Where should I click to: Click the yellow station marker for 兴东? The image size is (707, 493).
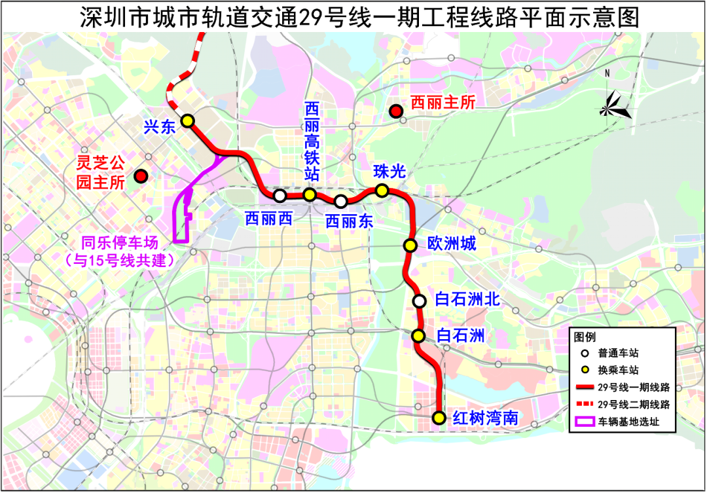[x=188, y=120]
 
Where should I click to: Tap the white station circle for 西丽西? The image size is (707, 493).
[x=280, y=195]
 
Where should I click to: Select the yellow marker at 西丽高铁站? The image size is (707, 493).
[x=310, y=194]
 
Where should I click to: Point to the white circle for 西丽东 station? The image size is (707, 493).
[x=340, y=201]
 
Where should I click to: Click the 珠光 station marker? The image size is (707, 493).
[x=382, y=191]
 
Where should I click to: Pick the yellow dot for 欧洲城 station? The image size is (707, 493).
[x=410, y=246]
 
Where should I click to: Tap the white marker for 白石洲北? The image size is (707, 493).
[x=419, y=301]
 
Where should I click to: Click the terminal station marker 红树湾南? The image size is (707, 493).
[x=439, y=417]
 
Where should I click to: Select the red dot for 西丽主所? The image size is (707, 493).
[x=395, y=111]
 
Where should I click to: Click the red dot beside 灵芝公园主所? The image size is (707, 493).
[x=140, y=176]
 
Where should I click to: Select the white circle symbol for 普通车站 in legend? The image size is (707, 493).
[x=583, y=353]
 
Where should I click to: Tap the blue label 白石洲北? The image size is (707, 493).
[x=467, y=301]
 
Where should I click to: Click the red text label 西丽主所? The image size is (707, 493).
[x=442, y=102]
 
